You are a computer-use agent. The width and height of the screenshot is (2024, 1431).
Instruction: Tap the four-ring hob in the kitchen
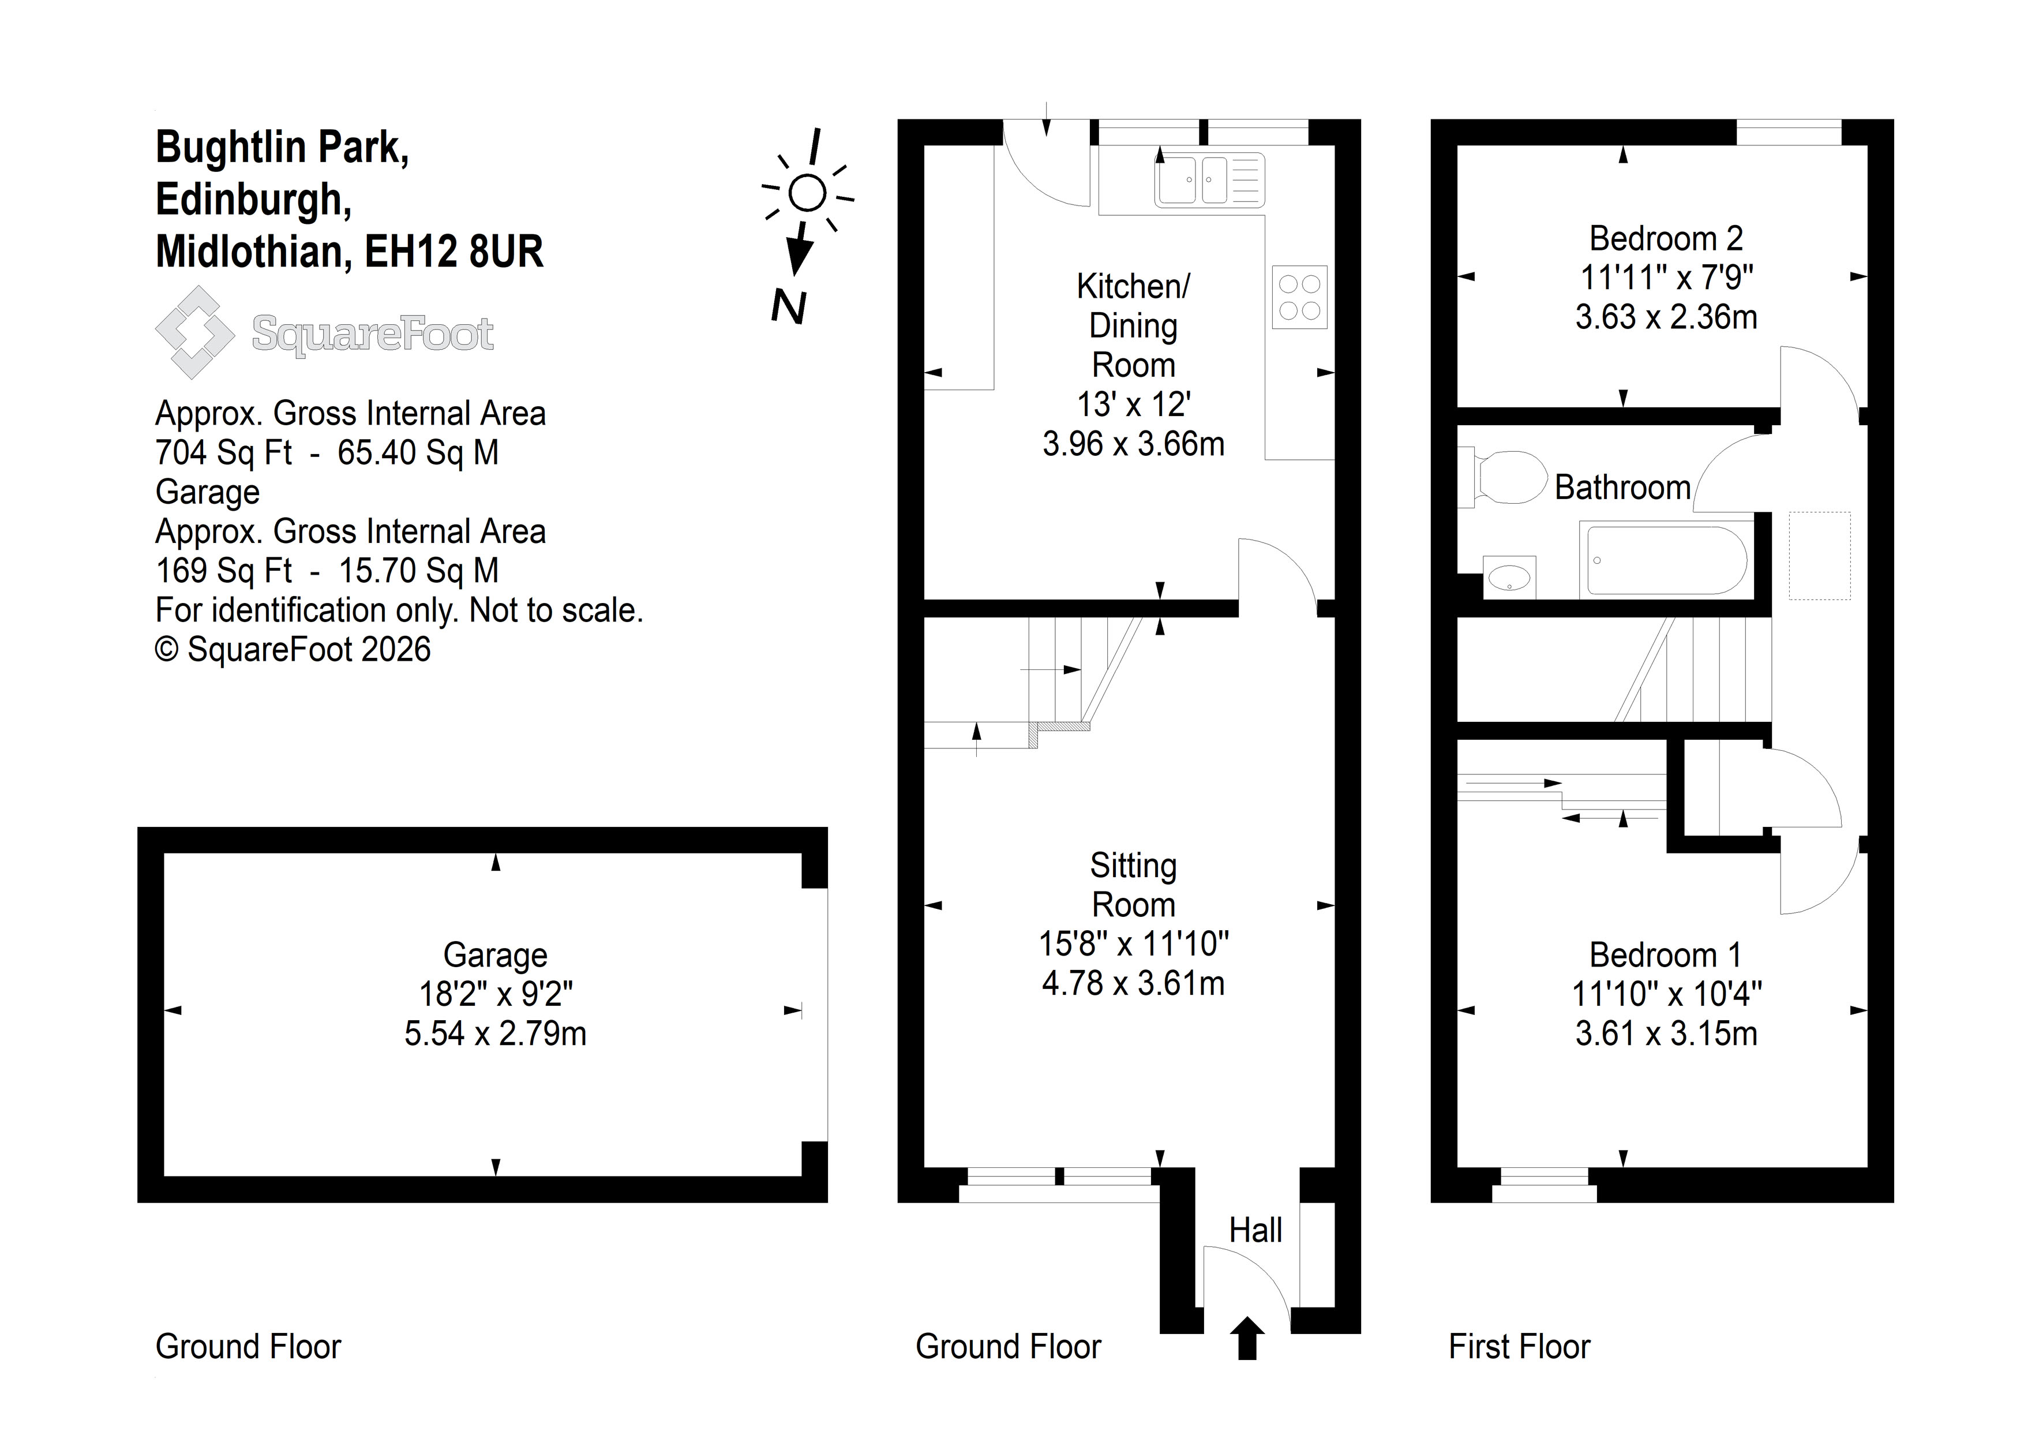pyautogui.click(x=1299, y=297)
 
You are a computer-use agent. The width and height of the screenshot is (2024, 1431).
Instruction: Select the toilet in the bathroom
pyautogui.click(x=1503, y=477)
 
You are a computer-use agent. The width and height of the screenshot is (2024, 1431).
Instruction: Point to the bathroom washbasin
pyautogui.click(x=1510, y=578)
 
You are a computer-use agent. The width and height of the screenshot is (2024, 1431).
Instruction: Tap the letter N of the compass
pyautogui.click(x=789, y=307)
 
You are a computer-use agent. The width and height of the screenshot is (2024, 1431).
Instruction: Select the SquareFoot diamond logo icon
pyautogui.click(x=195, y=332)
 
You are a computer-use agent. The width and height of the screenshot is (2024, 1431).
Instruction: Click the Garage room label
pyautogui.click(x=496, y=955)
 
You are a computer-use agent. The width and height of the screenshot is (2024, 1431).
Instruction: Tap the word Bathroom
pyautogui.click(x=1622, y=488)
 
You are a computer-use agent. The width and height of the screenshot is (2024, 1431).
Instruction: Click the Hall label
pyautogui.click(x=1255, y=1230)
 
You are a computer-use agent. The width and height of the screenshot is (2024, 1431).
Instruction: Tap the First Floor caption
pyautogui.click(x=1520, y=1346)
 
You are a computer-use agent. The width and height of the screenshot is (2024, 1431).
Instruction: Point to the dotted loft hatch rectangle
pyautogui.click(x=1819, y=556)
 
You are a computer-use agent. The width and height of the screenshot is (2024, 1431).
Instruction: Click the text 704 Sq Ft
pyautogui.click(x=223, y=452)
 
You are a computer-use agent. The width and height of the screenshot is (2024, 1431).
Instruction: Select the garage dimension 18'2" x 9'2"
pyautogui.click(x=496, y=994)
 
